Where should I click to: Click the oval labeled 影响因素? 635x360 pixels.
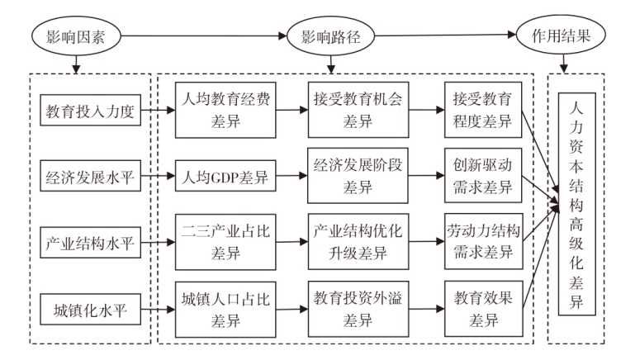pyautogui.click(x=76, y=36)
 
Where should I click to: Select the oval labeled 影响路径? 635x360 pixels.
pyautogui.click(x=330, y=36)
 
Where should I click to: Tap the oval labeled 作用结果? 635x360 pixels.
pyautogui.click(x=561, y=36)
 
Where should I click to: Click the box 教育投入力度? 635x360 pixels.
pyautogui.click(x=90, y=110)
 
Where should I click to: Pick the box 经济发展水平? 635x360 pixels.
pyautogui.click(x=90, y=176)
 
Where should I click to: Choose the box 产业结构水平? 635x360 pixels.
pyautogui.click(x=90, y=242)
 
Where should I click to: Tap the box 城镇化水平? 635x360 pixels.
pyautogui.click(x=90, y=310)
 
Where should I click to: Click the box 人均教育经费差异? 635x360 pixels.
pyautogui.click(x=225, y=110)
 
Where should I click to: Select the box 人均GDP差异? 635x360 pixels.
pyautogui.click(x=225, y=176)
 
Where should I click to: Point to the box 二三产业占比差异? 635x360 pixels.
pyautogui.click(x=225, y=242)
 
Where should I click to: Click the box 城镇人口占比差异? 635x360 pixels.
pyautogui.click(x=225, y=310)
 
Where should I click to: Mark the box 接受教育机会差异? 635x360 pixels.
pyautogui.click(x=358, y=110)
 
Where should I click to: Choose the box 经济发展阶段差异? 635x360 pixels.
pyautogui.click(x=358, y=175)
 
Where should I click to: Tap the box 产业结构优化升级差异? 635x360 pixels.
pyautogui.click(x=358, y=242)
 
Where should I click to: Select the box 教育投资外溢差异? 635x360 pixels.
pyautogui.click(x=358, y=309)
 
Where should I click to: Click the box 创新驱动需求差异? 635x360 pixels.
pyautogui.click(x=483, y=175)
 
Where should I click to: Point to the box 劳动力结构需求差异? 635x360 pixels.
pyautogui.click(x=484, y=241)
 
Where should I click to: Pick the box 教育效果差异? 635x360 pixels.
pyautogui.click(x=484, y=309)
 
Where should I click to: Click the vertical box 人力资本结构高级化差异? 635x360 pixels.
pyautogui.click(x=577, y=204)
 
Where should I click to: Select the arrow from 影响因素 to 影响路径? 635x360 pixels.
pyautogui.click(x=204, y=36)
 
